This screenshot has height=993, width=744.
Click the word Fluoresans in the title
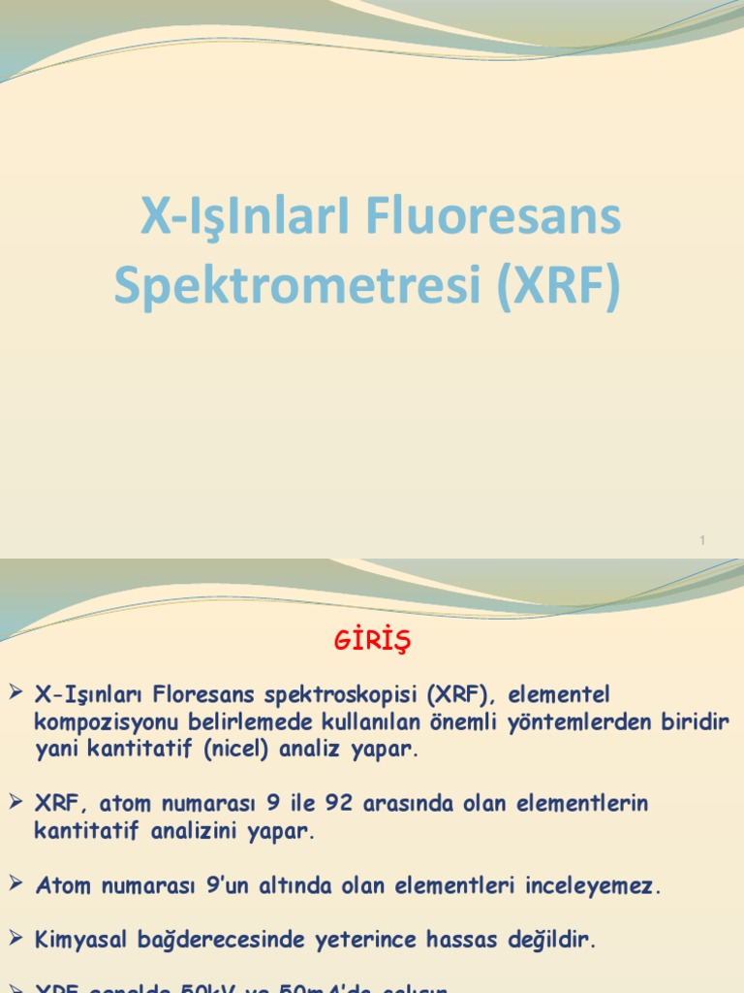pyautogui.click(x=494, y=217)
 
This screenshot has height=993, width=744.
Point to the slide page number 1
pyautogui.click(x=704, y=540)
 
